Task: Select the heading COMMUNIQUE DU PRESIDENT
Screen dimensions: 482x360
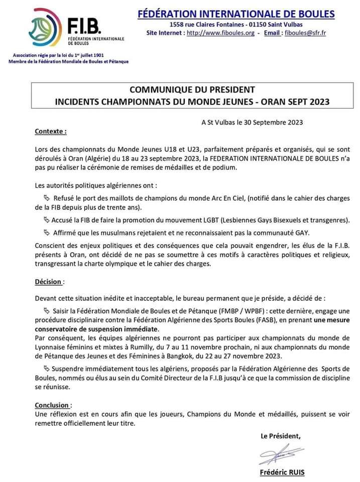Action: (192, 90)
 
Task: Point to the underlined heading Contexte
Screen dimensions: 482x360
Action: (50, 132)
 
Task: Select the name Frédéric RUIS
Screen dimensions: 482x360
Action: (282, 472)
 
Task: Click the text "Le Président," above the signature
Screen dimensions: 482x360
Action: (281, 436)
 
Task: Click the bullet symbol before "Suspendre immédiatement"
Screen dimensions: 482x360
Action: (47, 369)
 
